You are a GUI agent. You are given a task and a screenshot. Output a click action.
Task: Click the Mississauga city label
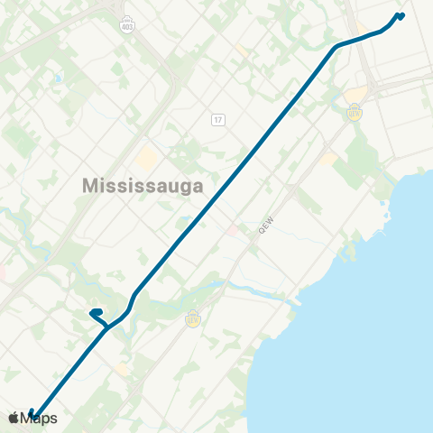coord(143,184)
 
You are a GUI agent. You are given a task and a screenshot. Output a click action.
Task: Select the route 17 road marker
coord(218,119)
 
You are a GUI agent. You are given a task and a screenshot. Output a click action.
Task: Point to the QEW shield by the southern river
coord(192,318)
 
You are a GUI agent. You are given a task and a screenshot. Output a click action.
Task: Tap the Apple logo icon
coord(13,418)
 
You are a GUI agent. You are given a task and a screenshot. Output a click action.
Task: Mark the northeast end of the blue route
coord(401,14)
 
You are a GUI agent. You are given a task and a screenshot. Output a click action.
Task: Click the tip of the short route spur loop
coord(93,313)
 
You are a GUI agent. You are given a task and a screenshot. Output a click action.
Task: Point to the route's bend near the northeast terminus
coord(337,46)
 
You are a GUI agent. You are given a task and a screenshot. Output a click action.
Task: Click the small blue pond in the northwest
coord(57,79)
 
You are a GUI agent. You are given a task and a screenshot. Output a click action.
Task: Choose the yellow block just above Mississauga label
coord(146,160)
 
